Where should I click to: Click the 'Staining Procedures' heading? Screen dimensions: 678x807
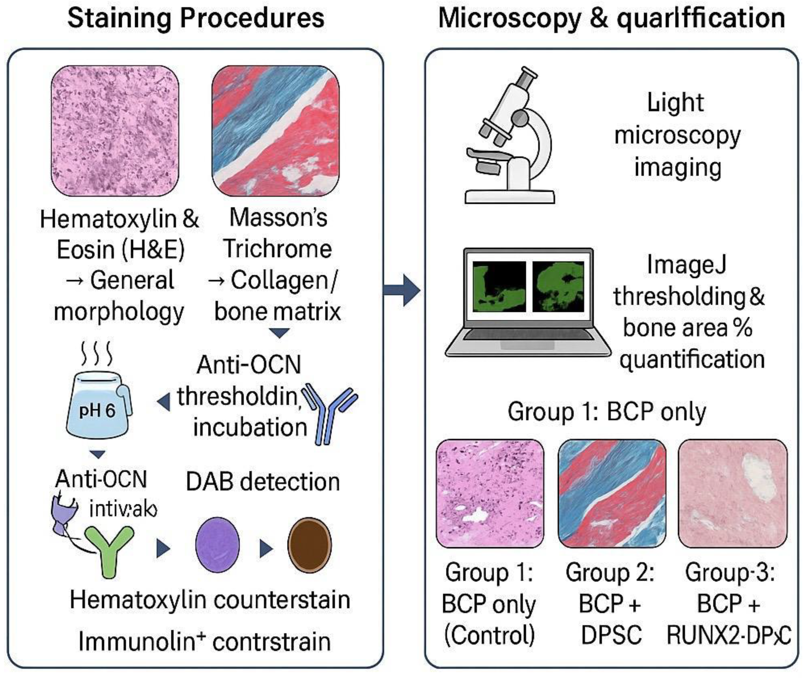(x=196, y=18)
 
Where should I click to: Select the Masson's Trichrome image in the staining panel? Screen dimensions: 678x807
(x=276, y=130)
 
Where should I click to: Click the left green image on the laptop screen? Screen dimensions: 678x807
(x=499, y=286)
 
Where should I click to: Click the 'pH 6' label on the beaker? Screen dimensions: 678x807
(x=97, y=411)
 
